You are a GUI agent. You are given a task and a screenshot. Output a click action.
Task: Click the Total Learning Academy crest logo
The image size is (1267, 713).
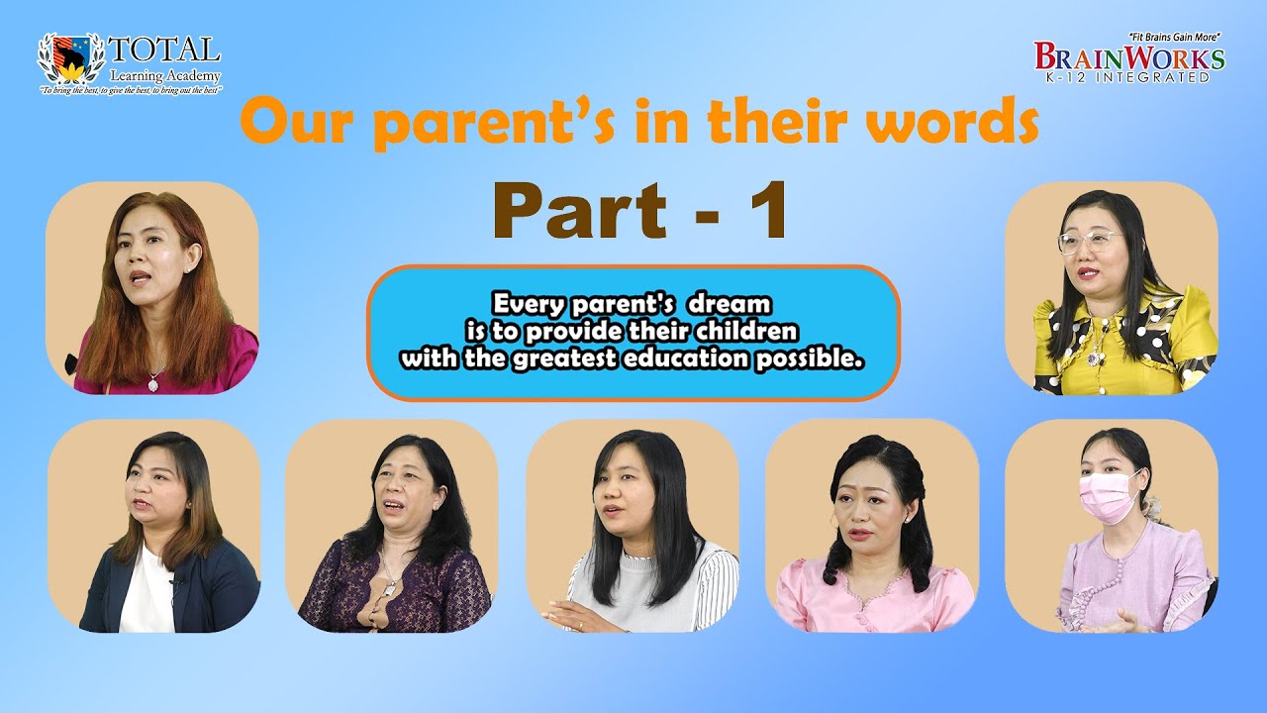pyautogui.click(x=70, y=58)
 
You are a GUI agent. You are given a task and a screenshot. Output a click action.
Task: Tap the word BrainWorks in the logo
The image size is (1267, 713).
pyautogui.click(x=1128, y=57)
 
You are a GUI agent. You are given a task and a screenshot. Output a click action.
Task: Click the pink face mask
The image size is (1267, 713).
pyautogui.click(x=1109, y=495)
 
